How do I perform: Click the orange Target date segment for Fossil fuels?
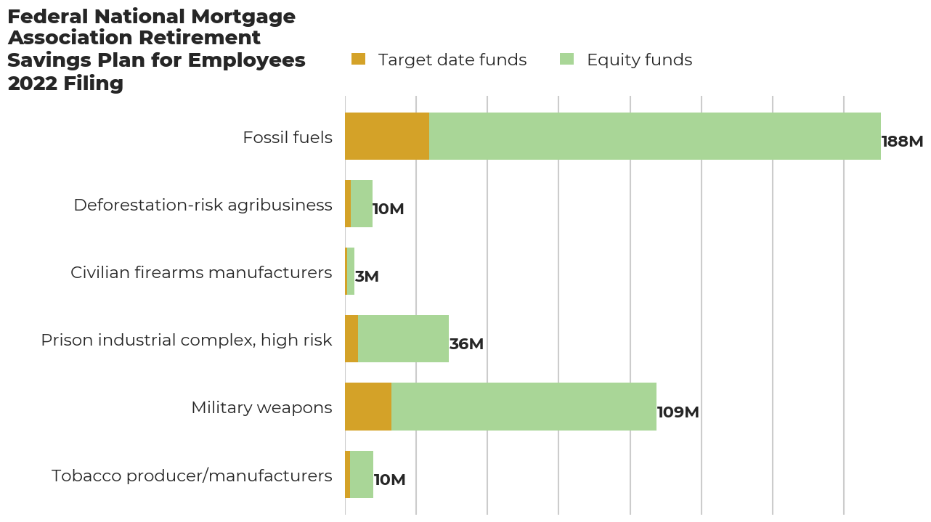[386, 136]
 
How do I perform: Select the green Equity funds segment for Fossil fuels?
[654, 136]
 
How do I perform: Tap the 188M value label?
[902, 142]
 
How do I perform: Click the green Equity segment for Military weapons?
[524, 407]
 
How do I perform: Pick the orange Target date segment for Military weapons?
[368, 407]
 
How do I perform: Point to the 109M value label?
[678, 412]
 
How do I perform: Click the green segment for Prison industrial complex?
[403, 339]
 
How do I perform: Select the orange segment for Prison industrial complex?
[351, 339]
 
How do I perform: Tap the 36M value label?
[466, 344]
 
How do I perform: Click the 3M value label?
[367, 277]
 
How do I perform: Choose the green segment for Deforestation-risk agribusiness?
[362, 204]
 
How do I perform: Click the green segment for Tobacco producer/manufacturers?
[362, 475]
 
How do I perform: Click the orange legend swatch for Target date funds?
[359, 60]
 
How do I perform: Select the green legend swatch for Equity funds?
[567, 60]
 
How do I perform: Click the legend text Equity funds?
[639, 60]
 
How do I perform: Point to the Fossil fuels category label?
[288, 137]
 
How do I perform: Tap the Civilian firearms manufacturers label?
[201, 272]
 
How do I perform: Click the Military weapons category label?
[261, 407]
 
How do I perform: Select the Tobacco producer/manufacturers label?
[192, 476]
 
